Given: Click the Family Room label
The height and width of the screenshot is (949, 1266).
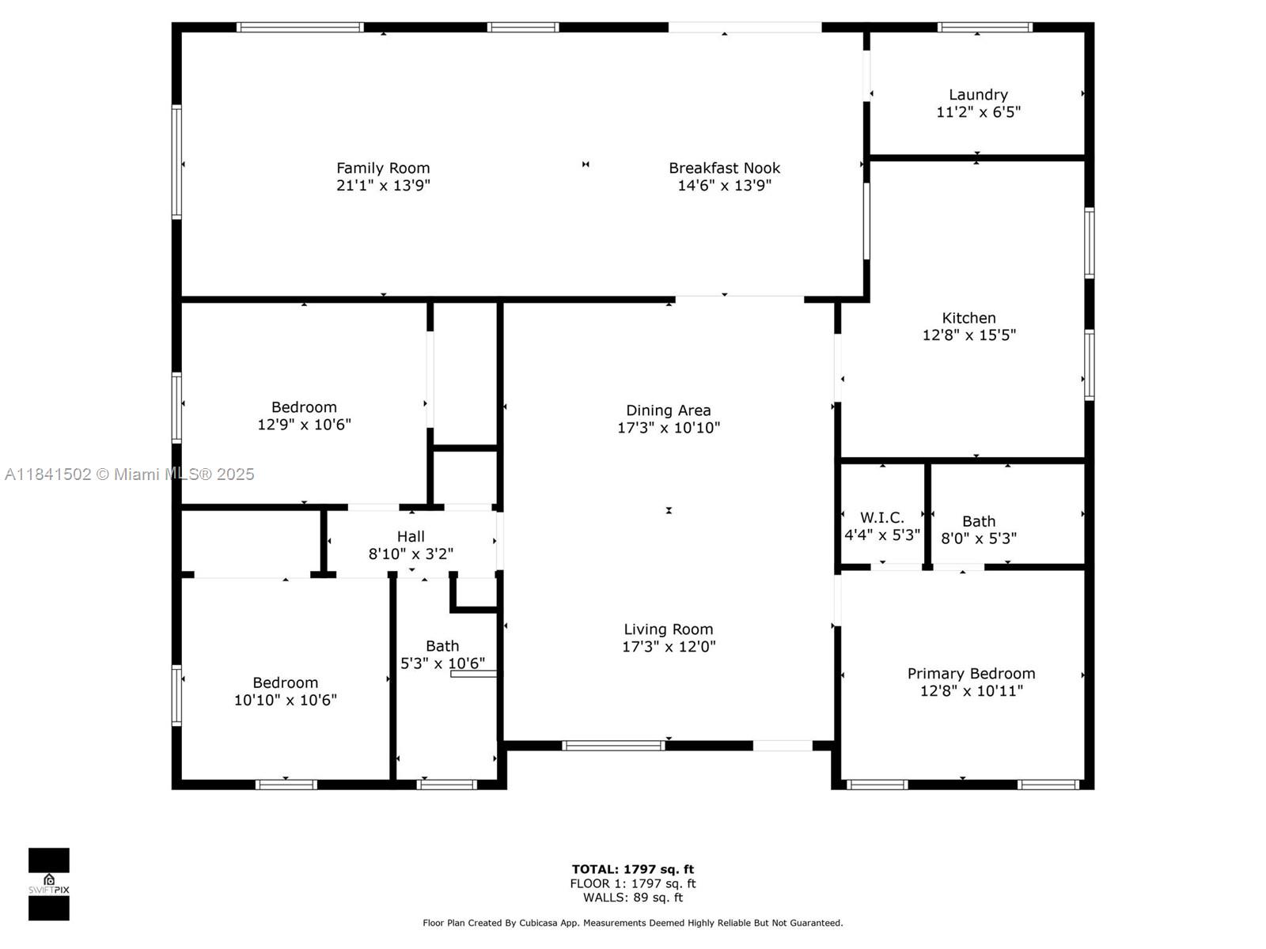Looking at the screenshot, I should click(383, 168).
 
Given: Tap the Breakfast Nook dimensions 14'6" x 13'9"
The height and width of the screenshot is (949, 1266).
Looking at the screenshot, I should click(724, 186).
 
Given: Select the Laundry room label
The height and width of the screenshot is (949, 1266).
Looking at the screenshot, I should click(978, 95).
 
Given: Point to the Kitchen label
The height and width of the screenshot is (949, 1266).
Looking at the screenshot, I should click(968, 318).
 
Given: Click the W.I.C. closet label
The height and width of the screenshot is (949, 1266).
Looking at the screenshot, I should click(881, 517).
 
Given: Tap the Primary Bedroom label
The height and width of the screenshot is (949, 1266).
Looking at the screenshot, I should click(971, 674).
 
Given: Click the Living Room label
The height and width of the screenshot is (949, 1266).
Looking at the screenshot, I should click(668, 630).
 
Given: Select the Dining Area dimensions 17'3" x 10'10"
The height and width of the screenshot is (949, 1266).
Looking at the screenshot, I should click(669, 428).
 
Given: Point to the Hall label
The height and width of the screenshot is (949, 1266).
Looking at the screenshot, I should click(411, 537).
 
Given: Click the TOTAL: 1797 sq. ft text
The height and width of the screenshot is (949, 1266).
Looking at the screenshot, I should click(632, 869).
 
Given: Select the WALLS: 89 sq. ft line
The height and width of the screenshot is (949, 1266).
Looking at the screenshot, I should click(632, 898).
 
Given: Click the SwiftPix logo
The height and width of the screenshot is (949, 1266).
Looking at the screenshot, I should click(49, 884).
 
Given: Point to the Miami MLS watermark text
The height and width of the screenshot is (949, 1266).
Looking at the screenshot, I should click(130, 475).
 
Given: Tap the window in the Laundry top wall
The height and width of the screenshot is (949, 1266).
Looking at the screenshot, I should click(984, 28).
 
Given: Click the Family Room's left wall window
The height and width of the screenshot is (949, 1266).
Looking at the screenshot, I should click(177, 162).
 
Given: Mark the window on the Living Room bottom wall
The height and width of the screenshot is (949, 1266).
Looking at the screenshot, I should click(613, 745).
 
